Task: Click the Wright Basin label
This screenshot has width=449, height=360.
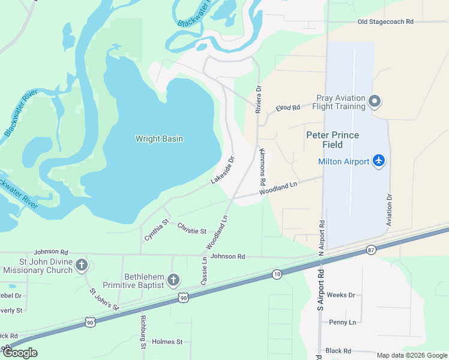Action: click(159, 139)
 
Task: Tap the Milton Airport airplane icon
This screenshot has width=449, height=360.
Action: click(378, 161)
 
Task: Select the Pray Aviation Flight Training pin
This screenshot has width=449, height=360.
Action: click(375, 101)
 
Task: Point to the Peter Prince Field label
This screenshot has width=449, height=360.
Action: click(333, 140)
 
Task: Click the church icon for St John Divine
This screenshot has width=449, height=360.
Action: click(82, 265)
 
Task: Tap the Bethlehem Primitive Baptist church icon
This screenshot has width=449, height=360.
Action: click(173, 280)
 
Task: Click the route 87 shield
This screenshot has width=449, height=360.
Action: click(372, 250)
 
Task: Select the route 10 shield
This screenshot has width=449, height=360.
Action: click(276, 274)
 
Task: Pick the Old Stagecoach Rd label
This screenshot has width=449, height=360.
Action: click(385, 22)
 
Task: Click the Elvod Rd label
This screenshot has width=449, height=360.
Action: click(288, 108)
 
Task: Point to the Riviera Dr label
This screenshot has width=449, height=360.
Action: click(259, 99)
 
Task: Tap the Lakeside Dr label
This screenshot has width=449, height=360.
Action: click(222, 170)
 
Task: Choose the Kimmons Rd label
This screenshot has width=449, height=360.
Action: click(262, 167)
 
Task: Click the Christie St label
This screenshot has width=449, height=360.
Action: click(191, 228)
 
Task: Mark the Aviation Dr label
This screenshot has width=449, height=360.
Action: click(389, 210)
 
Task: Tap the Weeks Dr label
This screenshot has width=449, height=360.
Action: click(341, 295)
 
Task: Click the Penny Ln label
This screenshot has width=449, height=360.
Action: click(342, 322)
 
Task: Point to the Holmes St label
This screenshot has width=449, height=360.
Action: click(167, 342)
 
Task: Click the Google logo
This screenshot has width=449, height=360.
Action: click(20, 353)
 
